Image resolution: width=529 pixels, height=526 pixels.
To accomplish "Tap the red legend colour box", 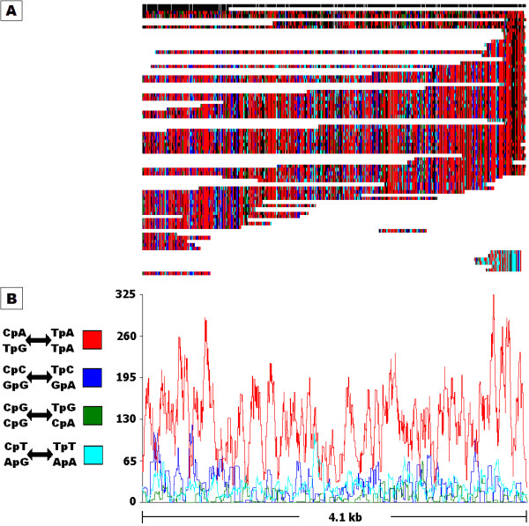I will (x=93, y=338).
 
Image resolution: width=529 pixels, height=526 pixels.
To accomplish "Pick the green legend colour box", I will (x=93, y=416).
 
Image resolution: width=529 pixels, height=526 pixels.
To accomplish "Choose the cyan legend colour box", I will (x=93, y=455).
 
